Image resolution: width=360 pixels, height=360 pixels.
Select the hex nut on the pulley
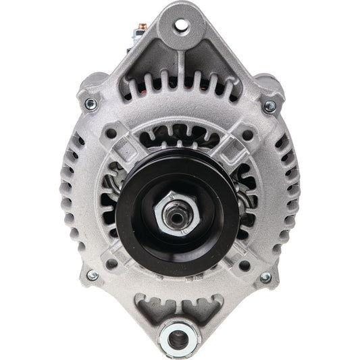[179, 215]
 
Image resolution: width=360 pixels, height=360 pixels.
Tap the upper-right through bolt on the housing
[270, 105]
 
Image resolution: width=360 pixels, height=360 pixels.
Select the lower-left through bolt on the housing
[93, 276]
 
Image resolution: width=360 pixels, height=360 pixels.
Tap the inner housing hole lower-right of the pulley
[247, 265]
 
